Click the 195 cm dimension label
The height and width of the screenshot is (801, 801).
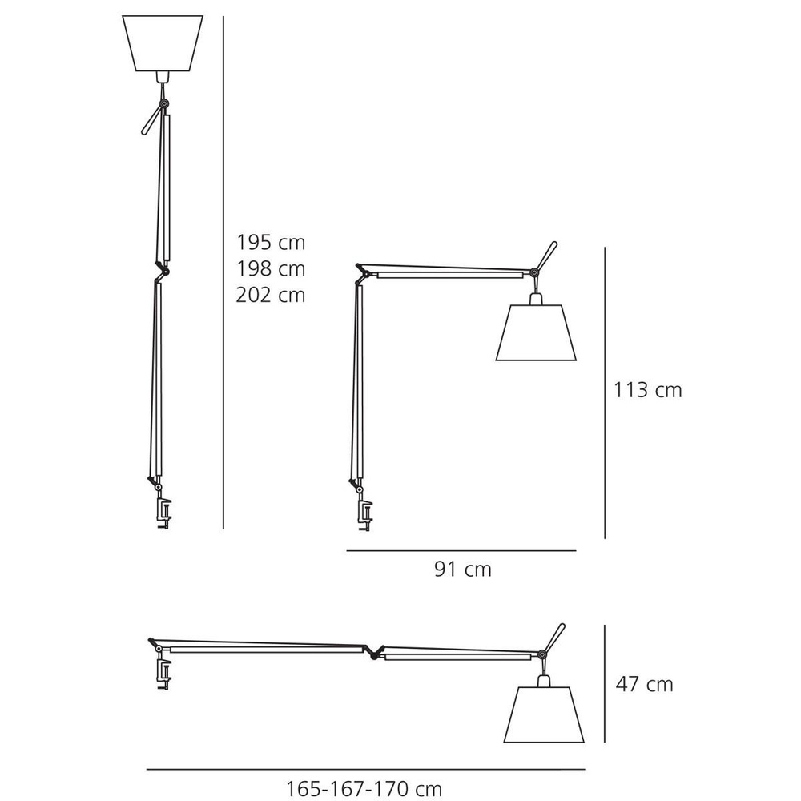pos(271,242)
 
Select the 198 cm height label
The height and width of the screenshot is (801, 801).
pos(271,268)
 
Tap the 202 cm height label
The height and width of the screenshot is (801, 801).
pos(271,295)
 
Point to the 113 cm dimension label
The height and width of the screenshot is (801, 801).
pos(648,390)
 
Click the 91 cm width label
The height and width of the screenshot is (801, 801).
pos(462,570)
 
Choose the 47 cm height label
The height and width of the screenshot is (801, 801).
pos(644,684)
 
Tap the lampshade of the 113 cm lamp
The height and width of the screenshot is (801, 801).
pos(535,332)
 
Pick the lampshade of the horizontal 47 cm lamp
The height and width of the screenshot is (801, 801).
pos(542,713)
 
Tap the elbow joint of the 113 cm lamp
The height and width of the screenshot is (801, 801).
pos(364,272)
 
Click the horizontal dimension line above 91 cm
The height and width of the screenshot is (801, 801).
pos(461,551)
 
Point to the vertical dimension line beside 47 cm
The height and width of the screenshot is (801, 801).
pos(606,685)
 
